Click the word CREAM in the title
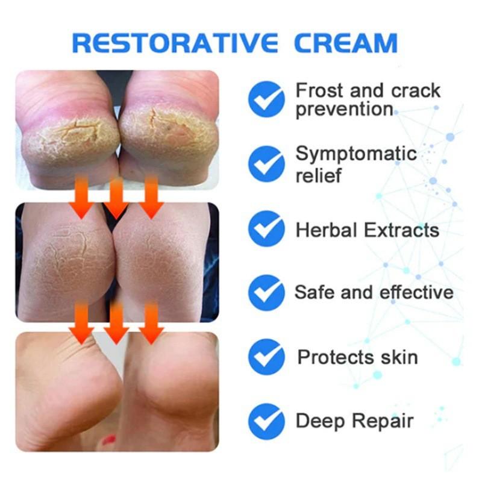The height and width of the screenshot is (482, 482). (346, 43)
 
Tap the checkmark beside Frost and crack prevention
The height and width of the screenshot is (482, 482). (266, 99)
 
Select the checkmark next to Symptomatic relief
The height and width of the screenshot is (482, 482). (266, 163)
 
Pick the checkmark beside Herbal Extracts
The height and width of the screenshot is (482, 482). (266, 230)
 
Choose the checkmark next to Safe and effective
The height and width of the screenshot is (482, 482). (266, 292)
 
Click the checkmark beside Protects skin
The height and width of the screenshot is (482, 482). (266, 357)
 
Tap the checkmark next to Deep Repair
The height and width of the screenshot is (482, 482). (266, 420)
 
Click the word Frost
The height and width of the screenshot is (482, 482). (318, 90)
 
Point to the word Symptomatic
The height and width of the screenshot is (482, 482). (355, 154)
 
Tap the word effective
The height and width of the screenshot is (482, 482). (416, 292)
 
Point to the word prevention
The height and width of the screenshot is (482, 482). (344, 110)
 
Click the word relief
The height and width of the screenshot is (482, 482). (319, 175)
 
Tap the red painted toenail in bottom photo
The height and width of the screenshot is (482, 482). (109, 440)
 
